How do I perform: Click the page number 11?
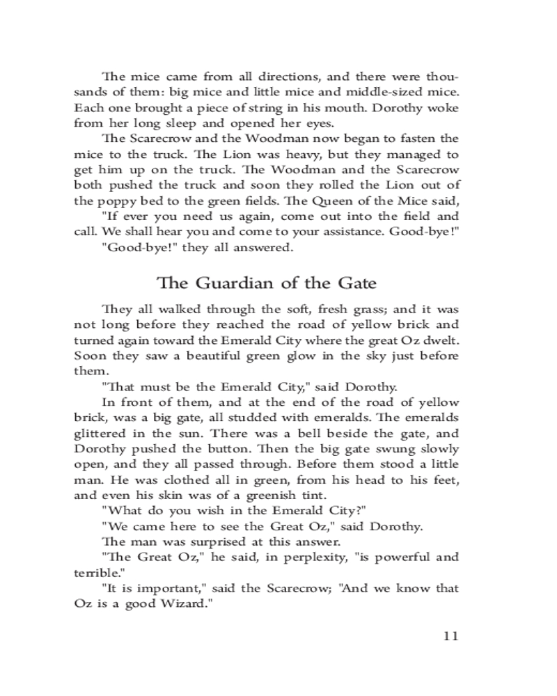[x=450, y=635]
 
